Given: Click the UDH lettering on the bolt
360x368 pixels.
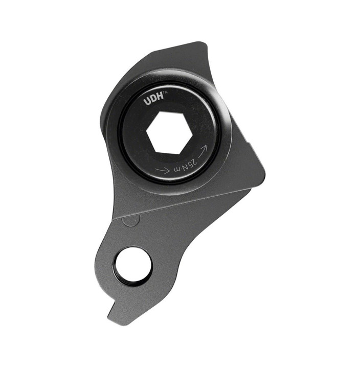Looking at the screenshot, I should point(153,101).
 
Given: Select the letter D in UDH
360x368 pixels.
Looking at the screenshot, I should point(153,101).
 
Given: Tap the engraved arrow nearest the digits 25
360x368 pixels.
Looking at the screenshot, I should point(203,149).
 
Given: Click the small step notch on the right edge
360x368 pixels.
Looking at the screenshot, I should point(251,148).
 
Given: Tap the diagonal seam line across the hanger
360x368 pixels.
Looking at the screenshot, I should point(189,203).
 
